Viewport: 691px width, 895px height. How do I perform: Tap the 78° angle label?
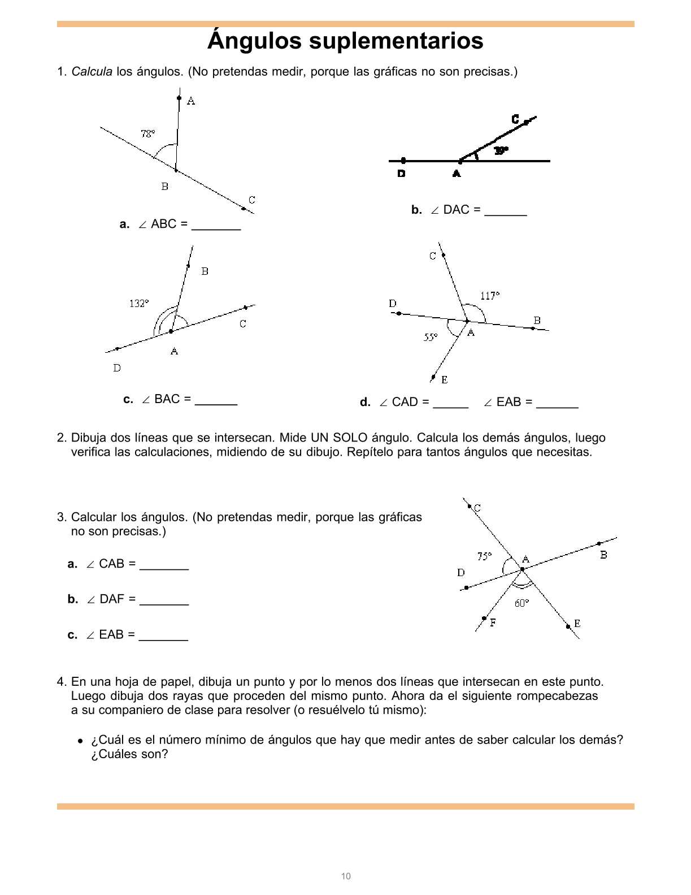click(x=147, y=134)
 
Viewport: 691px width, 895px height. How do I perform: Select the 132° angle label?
click(x=139, y=304)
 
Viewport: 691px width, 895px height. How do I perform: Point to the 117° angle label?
click(x=490, y=296)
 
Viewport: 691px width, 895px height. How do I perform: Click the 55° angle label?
click(x=431, y=338)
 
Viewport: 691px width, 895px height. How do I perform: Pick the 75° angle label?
click(x=485, y=556)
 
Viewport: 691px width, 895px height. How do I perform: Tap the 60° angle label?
click(x=521, y=603)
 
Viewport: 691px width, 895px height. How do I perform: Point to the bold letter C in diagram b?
click(x=515, y=119)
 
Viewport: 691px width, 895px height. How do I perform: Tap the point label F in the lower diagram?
click(x=493, y=623)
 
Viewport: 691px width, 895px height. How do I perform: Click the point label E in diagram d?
click(x=445, y=380)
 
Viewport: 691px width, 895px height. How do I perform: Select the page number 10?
click(x=346, y=876)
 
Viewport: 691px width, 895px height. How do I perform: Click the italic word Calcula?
click(x=92, y=72)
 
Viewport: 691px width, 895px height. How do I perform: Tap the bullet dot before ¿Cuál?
click(x=81, y=741)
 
